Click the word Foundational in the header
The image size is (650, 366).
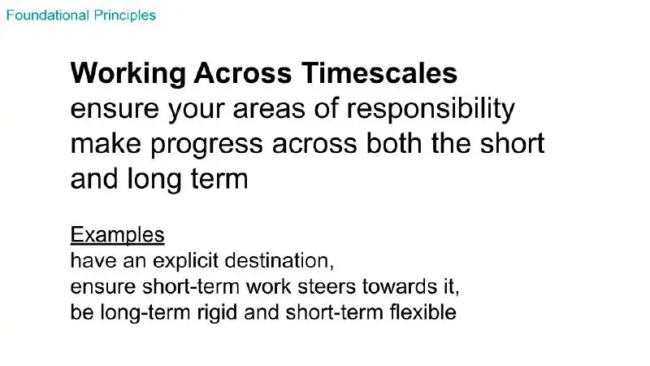click(48, 15)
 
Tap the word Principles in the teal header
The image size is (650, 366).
click(125, 16)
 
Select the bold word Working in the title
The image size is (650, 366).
click(128, 74)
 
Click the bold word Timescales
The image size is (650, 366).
click(379, 72)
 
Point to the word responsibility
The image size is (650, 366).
click(431, 110)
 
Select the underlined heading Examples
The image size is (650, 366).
click(117, 235)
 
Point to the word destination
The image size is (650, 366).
click(279, 260)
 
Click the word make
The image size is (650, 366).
click(106, 144)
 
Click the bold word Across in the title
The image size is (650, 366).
click(243, 73)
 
